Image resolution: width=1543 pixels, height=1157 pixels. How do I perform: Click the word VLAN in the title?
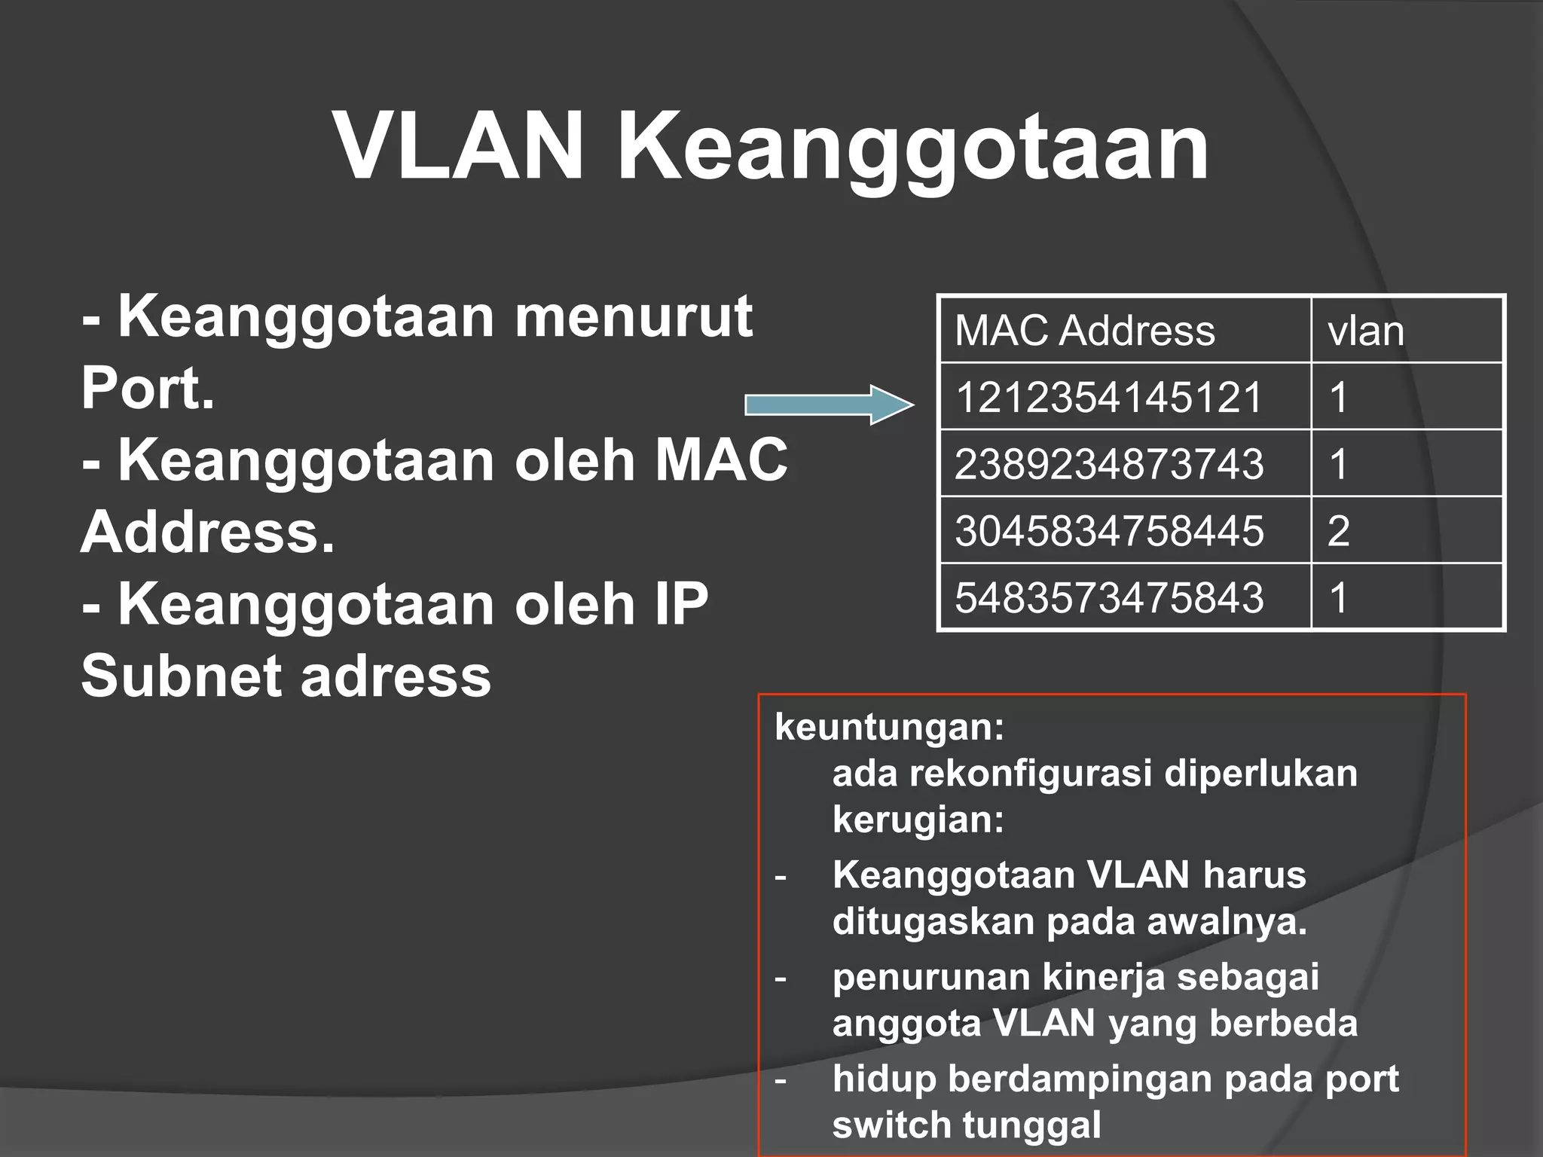point(459,146)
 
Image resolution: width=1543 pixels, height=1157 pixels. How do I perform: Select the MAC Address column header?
point(1085,331)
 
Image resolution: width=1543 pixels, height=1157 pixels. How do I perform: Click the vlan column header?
point(1366,331)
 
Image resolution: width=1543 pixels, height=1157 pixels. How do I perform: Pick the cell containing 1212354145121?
point(1108,397)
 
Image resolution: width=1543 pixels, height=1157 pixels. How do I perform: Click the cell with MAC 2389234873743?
point(1108,463)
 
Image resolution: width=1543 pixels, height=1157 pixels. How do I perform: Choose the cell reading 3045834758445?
point(1108,530)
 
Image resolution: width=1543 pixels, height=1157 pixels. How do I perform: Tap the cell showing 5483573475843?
point(1108,597)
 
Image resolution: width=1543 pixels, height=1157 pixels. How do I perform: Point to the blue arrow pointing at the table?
point(829,404)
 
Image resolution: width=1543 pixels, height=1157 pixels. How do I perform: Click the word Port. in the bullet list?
point(148,389)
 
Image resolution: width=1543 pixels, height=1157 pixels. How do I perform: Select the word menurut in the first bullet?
point(633,317)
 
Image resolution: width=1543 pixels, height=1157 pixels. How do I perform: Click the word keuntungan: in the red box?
point(889,727)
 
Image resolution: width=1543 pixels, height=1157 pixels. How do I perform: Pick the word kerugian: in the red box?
point(918,819)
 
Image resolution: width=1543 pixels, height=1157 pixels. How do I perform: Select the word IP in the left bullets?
point(681,604)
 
